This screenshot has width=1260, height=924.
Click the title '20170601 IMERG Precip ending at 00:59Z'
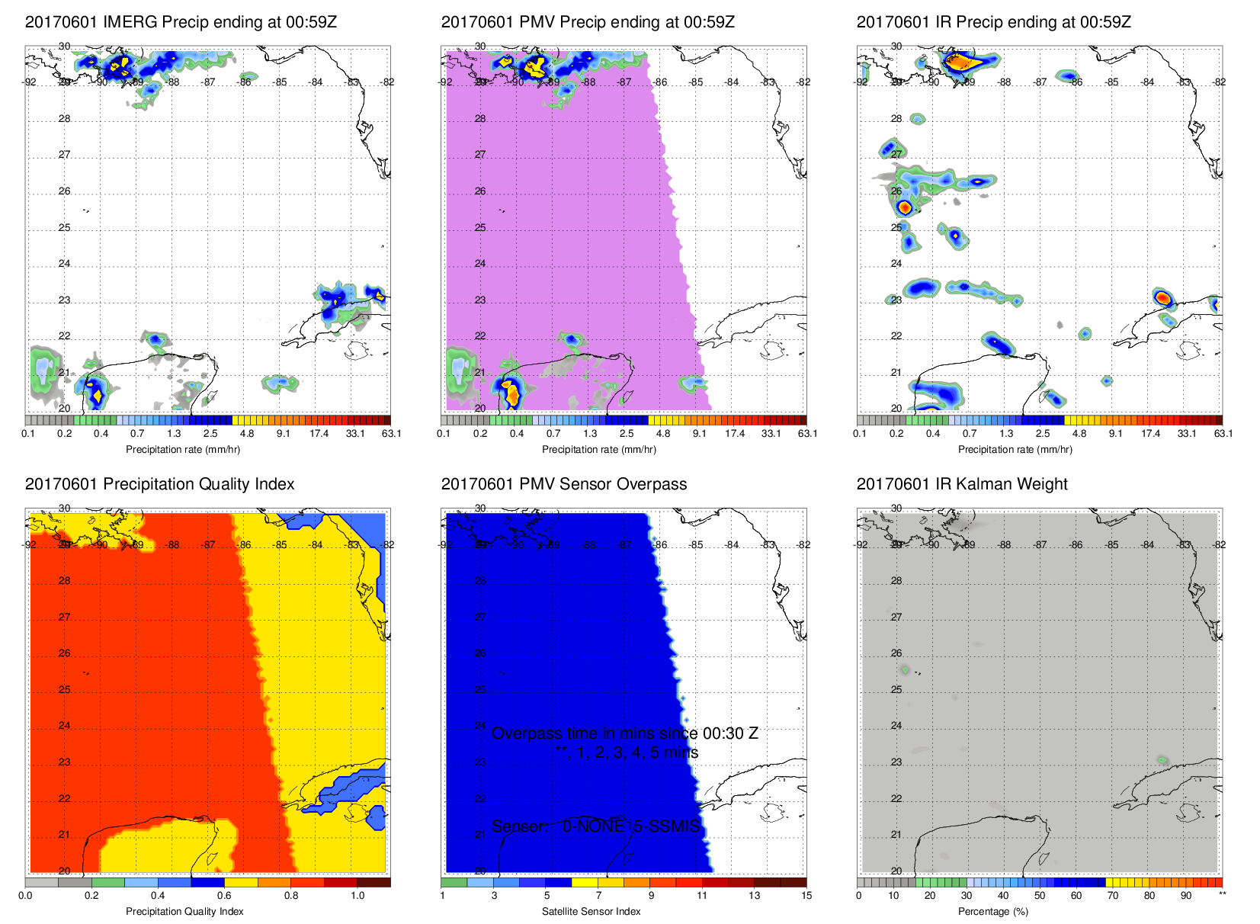181,22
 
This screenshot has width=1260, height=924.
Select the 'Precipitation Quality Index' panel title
159,484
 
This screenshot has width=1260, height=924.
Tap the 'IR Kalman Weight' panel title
962,484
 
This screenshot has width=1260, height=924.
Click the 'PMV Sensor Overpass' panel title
564,484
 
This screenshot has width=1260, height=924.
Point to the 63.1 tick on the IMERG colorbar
391,434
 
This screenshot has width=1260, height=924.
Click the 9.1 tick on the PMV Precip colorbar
699,434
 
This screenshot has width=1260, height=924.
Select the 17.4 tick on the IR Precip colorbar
1150,434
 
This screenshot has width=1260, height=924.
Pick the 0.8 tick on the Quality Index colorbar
291,896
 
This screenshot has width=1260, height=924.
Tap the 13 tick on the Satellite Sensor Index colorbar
754,896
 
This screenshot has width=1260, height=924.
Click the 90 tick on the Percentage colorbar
1186,896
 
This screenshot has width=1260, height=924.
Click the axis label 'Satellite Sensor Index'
591,912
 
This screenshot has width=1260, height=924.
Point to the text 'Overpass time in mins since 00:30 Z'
624,733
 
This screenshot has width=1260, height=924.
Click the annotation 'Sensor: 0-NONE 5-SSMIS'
595,826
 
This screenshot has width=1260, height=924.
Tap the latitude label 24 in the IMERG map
64,264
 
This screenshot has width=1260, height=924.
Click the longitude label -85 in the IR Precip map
1112,82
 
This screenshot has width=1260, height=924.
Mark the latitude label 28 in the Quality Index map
64,581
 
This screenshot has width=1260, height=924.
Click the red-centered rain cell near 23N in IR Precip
1162,297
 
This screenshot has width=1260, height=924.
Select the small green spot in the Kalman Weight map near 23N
1162,760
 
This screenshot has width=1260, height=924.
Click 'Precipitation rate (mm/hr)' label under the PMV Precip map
599,450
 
